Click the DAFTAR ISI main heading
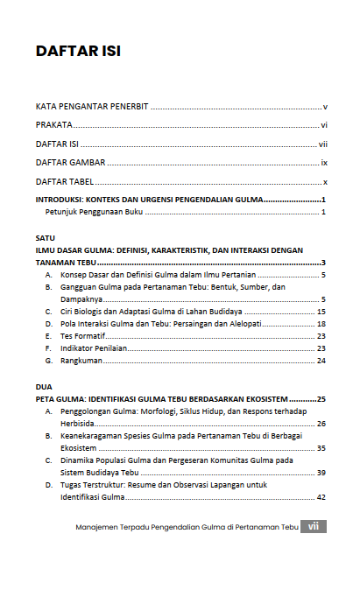[x=78, y=51]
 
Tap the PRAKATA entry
[x=54, y=125]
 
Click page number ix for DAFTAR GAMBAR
[x=323, y=163]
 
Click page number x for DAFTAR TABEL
[x=324, y=182]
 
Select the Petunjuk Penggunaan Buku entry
[x=94, y=213]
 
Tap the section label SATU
[x=45, y=237]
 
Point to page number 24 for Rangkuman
[x=321, y=361]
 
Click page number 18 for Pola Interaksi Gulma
[x=321, y=324]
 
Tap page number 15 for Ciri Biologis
[x=321, y=312]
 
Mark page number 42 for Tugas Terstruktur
[x=321, y=497]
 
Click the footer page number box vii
[x=313, y=527]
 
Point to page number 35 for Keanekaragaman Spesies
[x=321, y=447]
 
